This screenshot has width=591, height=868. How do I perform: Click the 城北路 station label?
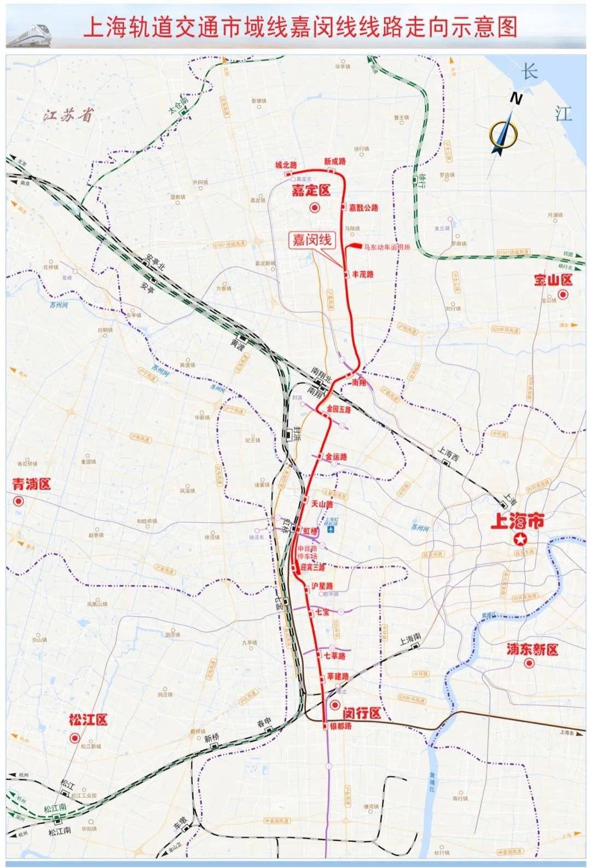[x=286, y=165]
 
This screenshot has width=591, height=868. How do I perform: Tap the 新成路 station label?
[x=334, y=161]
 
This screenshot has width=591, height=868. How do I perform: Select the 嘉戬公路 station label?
[x=363, y=208]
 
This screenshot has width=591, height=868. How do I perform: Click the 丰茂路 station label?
[x=362, y=274]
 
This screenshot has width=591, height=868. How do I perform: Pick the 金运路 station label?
[x=337, y=456]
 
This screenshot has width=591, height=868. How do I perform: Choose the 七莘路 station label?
[x=334, y=656]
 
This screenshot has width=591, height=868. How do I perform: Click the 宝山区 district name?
[x=553, y=280]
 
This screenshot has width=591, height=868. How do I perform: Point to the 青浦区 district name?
[x=31, y=484]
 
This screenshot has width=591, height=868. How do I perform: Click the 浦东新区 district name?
[x=531, y=650]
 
